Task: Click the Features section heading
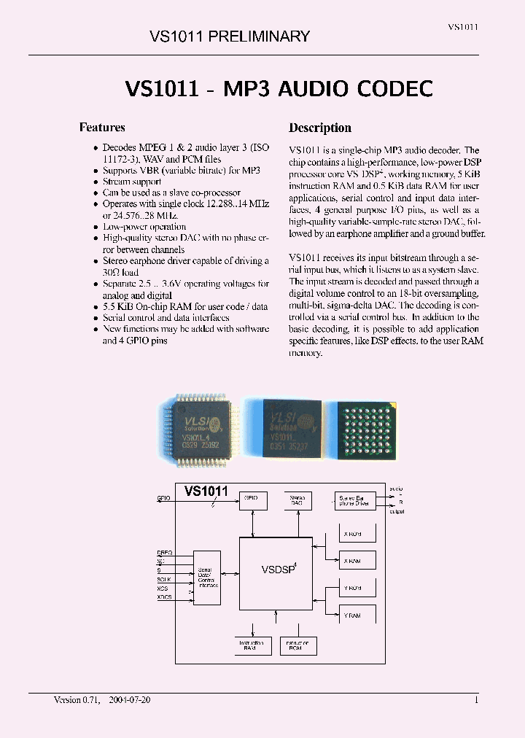click(102, 127)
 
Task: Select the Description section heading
click(320, 128)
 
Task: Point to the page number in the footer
click(476, 699)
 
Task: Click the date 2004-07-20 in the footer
click(130, 699)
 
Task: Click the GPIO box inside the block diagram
click(252, 500)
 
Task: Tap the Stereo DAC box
click(297, 501)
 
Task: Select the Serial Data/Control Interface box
click(207, 576)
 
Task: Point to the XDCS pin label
click(165, 597)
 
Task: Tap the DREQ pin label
click(164, 553)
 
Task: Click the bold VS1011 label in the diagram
click(206, 492)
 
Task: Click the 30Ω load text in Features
click(120, 272)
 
